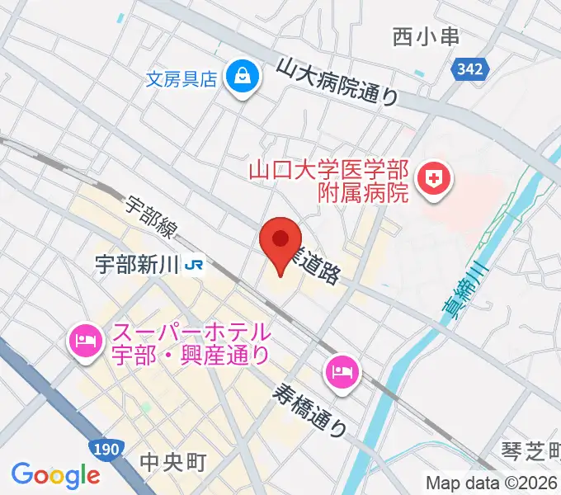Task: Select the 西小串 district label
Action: pyautogui.click(x=426, y=36)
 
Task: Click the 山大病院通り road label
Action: pyautogui.click(x=337, y=82)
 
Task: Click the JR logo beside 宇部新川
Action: pyautogui.click(x=196, y=266)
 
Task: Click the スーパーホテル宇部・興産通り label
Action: pyautogui.click(x=190, y=345)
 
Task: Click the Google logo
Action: pyautogui.click(x=55, y=475)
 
